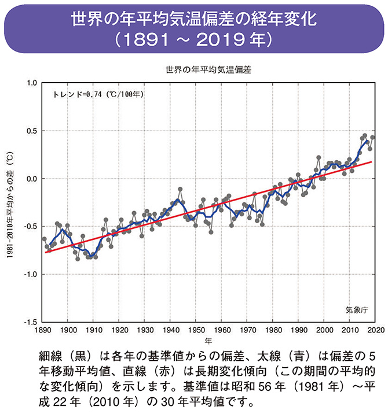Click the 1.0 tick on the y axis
tap(30, 83)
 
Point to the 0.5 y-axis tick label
tap(30, 131)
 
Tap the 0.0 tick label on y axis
tap(30, 179)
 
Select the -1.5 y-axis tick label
tap(29, 322)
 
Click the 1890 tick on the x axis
tap(42, 330)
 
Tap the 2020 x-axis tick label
tap(374, 330)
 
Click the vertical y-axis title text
tap(10, 202)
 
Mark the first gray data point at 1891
tap(45, 239)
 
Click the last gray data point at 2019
tap(372, 138)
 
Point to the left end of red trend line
tap(45, 253)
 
